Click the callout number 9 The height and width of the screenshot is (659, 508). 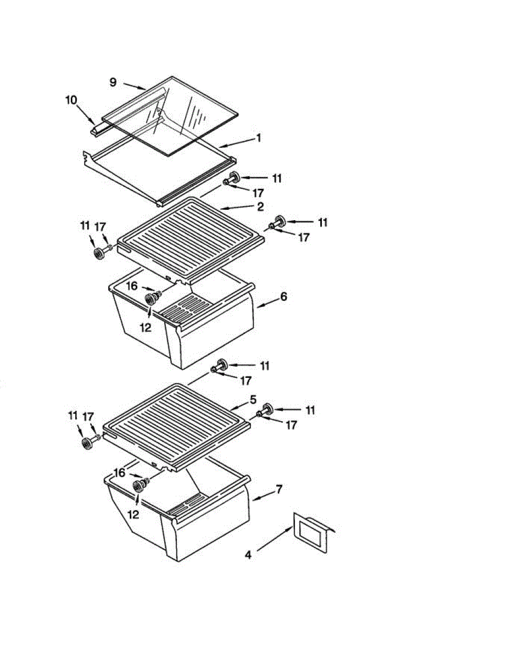(x=113, y=82)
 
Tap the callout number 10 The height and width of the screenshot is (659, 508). (x=72, y=100)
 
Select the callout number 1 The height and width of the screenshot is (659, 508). (x=258, y=139)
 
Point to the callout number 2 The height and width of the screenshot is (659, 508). (x=260, y=206)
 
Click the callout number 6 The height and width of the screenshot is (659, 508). (x=283, y=297)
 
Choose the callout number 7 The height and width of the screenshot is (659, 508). (x=278, y=489)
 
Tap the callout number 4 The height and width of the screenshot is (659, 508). (x=248, y=555)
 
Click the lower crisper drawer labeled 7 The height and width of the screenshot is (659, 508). (x=198, y=527)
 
